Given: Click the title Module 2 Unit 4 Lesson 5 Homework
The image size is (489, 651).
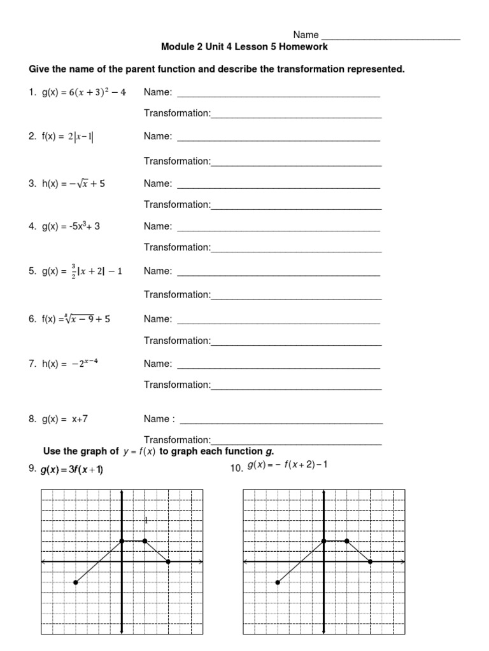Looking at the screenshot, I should pos(244,47).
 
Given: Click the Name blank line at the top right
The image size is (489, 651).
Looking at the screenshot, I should pos(390,39).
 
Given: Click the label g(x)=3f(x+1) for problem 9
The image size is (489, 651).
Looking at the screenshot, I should pos(72,470).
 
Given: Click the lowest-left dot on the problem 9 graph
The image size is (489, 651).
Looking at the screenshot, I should pos(76,582).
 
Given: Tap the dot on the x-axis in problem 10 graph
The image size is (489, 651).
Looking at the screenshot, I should pos(370,561).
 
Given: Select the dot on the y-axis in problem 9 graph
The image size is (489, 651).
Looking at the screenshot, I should pos(122,541).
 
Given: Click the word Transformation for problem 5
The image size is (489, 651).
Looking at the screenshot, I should pos(176,294).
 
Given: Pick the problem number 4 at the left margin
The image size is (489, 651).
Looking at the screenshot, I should pos(31,226).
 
